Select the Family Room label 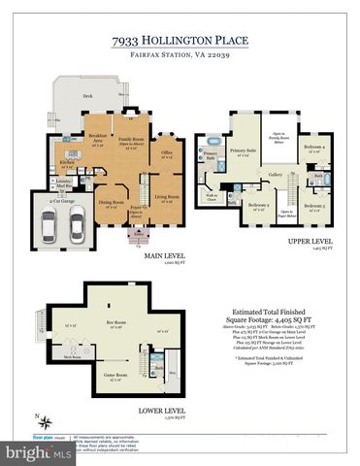133,142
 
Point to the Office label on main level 167,152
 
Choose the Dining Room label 112,203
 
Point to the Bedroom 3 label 312,206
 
